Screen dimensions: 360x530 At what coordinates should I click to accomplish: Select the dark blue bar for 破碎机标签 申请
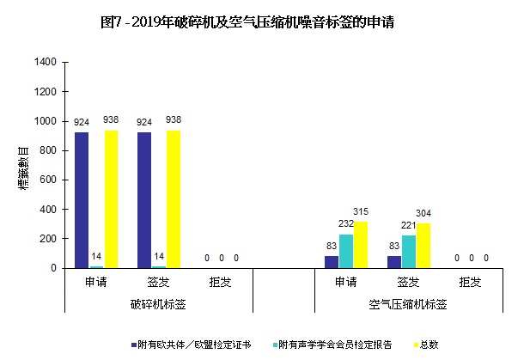point(82,200)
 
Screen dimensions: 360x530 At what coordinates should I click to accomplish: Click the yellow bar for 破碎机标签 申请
point(111,199)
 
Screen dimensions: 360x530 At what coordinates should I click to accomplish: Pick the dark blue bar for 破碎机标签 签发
point(144,200)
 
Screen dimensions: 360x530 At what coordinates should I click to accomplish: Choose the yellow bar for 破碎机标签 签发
point(174,199)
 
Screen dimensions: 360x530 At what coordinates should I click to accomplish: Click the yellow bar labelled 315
point(361,245)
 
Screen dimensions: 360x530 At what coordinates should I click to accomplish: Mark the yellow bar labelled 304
point(423,246)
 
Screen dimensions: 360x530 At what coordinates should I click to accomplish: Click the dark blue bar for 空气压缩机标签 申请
point(331,262)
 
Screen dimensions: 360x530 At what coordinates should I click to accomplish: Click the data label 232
point(346,225)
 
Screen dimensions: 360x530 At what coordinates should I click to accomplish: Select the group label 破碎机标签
point(158,304)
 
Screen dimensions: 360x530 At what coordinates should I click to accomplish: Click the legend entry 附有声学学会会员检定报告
point(336,345)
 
